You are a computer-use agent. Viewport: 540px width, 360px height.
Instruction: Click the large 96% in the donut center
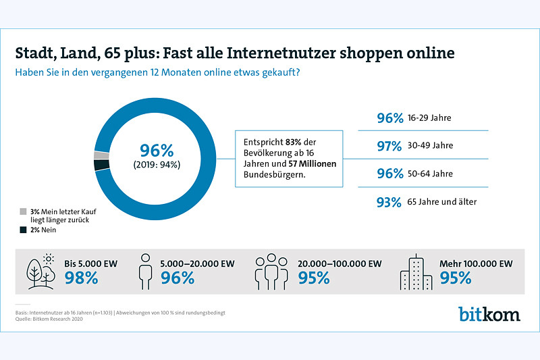[157, 151]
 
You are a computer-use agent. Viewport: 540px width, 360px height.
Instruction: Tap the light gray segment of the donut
[101, 155]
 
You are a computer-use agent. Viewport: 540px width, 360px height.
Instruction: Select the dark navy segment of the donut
[102, 165]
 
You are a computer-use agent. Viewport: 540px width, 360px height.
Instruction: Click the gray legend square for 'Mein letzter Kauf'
[23, 211]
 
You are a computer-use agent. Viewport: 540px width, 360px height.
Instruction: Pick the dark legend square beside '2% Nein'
[23, 230]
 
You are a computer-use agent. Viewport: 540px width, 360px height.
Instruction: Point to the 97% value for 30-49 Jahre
[389, 146]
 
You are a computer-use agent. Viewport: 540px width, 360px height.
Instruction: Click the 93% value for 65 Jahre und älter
[389, 202]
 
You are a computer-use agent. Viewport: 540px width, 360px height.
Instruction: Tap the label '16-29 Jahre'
[429, 118]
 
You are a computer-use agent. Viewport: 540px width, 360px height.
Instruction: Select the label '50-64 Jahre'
[430, 174]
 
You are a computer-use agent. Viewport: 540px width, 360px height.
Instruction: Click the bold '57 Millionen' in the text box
[313, 163]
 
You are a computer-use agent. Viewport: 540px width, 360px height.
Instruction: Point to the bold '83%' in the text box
[293, 142]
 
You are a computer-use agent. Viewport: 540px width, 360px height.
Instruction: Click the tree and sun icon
[41, 272]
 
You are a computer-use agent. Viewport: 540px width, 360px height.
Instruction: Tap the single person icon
[145, 272]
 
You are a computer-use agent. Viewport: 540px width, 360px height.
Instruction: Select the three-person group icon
[271, 272]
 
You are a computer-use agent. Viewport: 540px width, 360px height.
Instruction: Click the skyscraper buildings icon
[416, 272]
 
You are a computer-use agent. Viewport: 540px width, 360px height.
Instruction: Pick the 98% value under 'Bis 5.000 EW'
[81, 278]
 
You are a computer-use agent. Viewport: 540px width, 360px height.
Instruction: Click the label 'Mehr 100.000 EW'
[476, 264]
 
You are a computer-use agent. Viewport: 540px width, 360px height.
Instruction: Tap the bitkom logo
[489, 313]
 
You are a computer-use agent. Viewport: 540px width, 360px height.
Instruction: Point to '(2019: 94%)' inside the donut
[157, 165]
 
